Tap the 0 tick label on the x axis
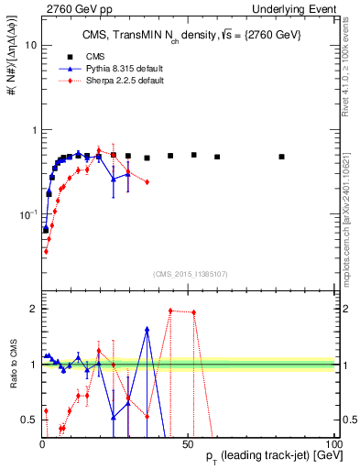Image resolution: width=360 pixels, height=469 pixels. [42, 442]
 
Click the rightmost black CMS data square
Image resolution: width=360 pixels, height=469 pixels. [282, 157]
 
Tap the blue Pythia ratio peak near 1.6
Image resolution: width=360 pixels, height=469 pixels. [147, 330]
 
